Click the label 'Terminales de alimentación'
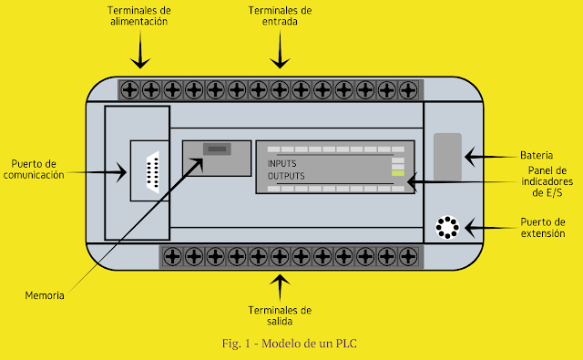[139, 15]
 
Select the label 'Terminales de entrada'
[281, 15]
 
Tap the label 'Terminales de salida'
[281, 315]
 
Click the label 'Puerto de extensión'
[543, 228]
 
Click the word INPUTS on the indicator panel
[281, 164]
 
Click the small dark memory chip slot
[215, 149]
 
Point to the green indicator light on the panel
[398, 172]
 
